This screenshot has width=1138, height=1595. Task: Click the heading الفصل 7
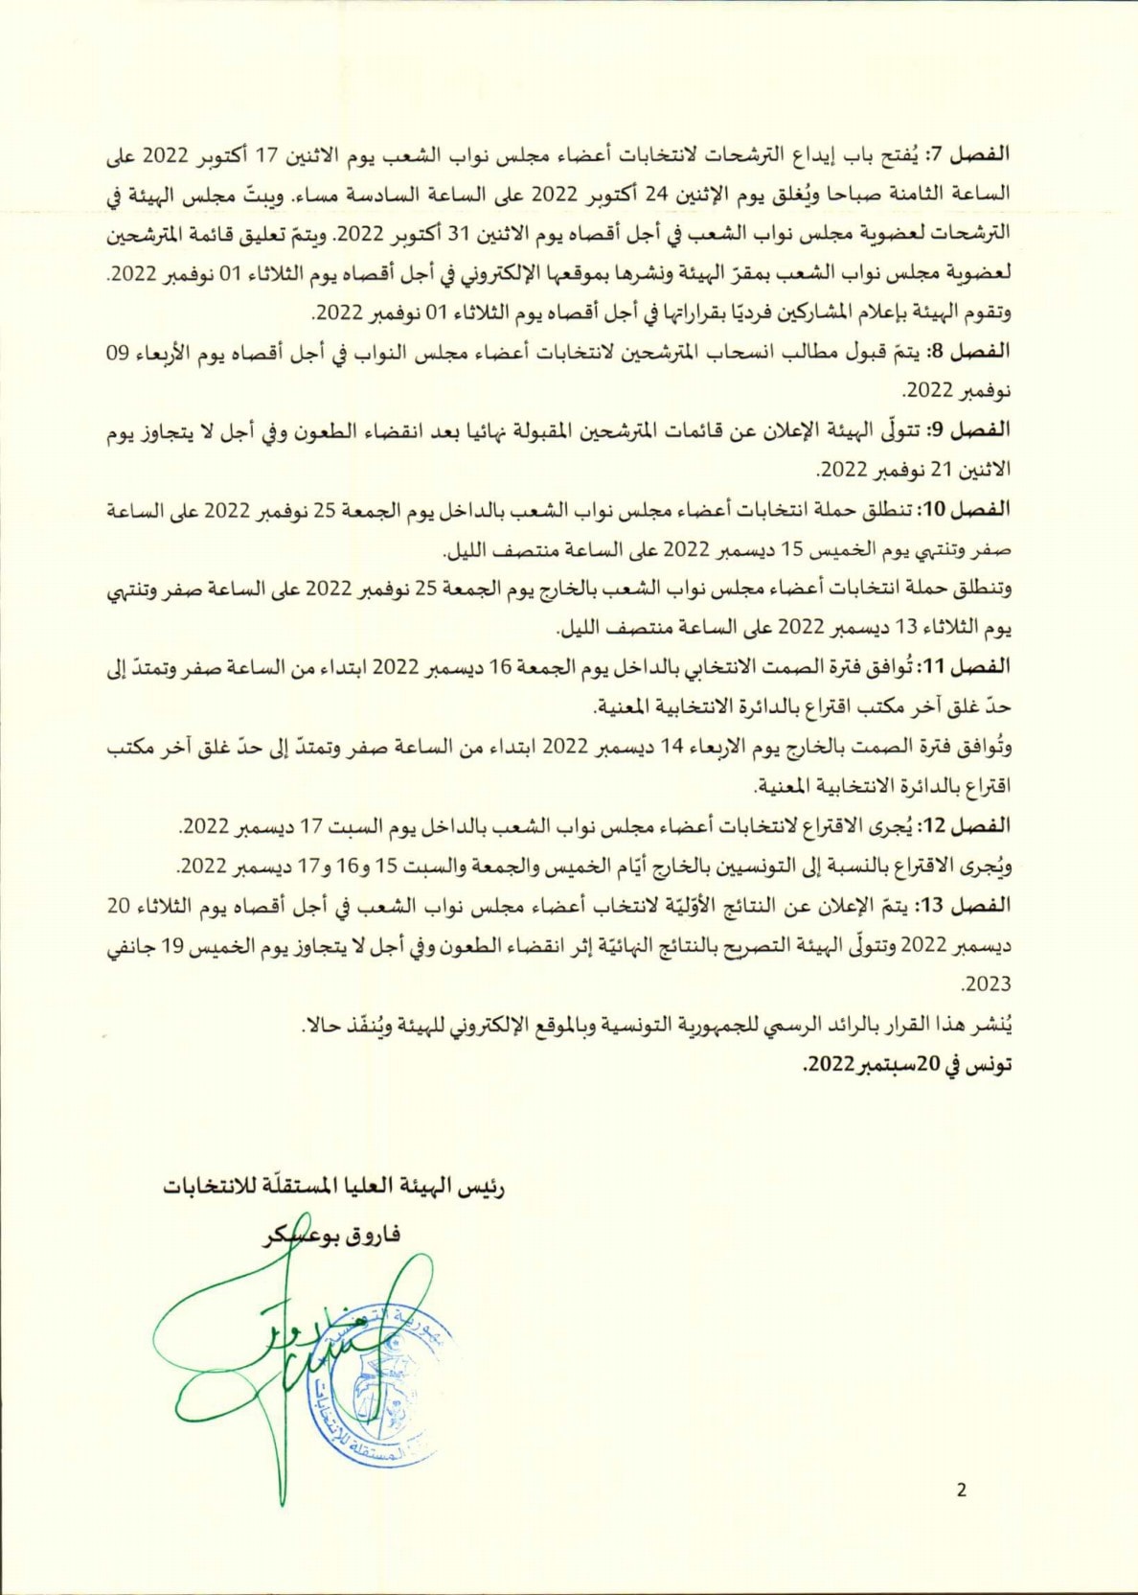coord(971,153)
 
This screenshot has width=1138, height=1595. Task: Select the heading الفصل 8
coord(971,352)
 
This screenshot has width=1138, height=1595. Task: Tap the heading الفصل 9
coord(971,430)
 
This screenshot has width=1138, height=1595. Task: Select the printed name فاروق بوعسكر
coord(332,1235)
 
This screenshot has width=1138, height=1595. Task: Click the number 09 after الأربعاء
coord(117,352)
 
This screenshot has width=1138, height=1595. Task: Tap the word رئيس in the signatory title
coord(482,1187)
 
